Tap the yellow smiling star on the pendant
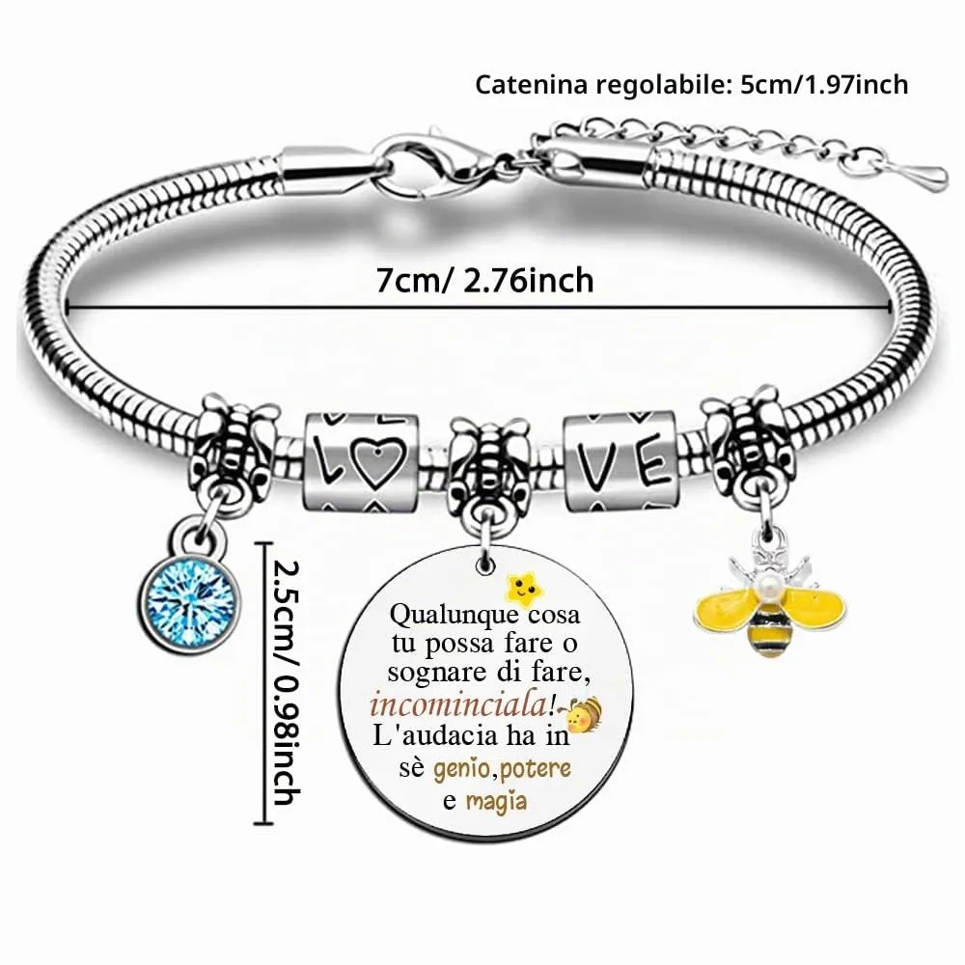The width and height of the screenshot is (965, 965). tap(524, 587)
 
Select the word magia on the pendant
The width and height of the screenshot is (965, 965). tap(496, 801)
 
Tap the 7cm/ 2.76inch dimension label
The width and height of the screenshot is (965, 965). tap(485, 281)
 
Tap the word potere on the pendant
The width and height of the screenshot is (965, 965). tap(536, 769)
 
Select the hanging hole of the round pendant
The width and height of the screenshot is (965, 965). tap(486, 564)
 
